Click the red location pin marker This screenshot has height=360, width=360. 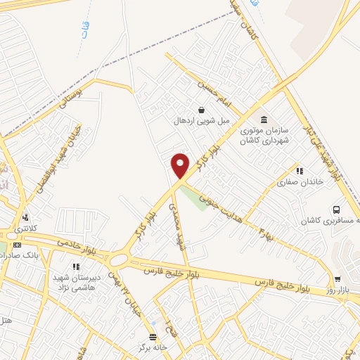click(181, 165)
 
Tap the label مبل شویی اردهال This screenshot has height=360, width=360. click(202, 120)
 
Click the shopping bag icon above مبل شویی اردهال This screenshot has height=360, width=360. click(202, 110)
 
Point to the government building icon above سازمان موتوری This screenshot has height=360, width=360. click(264, 119)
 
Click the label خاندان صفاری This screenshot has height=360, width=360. click(300, 182)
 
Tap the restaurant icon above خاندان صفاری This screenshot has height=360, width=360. click(300, 171)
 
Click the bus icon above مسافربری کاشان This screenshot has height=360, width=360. click(337, 210)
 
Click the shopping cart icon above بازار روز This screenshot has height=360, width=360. click(337, 278)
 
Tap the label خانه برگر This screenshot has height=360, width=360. click(153, 347)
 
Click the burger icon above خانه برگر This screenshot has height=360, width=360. click(153, 337)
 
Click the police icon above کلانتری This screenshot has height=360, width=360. click(26, 217)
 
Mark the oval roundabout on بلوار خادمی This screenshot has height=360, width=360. click(118, 261)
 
